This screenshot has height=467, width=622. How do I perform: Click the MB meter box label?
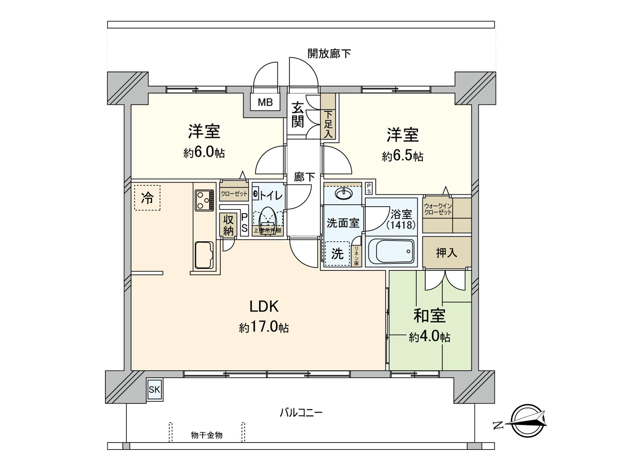266,103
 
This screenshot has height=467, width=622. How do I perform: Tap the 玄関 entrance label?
298,115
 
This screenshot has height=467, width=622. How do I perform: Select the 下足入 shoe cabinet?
328,124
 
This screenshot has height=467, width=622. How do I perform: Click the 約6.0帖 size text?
204,153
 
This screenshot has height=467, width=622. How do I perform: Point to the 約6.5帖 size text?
402,156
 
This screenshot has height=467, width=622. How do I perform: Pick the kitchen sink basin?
204,255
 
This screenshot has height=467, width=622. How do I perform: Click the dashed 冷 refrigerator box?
147,198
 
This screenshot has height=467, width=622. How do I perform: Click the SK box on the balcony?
154,390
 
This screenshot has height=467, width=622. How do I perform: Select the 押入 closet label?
446,253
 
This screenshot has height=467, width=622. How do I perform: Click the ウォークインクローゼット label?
438,209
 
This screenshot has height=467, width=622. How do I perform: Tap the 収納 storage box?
228,225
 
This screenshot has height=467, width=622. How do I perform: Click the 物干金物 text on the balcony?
206,435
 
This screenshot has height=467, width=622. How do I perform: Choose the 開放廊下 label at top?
329,54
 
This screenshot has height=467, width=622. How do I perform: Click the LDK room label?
264,307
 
